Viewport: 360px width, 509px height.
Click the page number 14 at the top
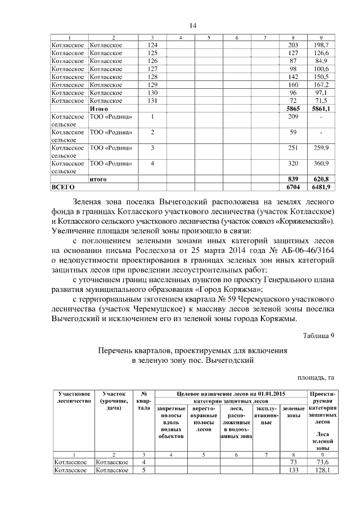192,25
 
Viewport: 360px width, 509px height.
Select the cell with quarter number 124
152,44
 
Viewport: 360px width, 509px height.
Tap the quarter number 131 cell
152,100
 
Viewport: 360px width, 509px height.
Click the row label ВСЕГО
63,187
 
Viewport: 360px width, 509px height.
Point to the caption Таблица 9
318,335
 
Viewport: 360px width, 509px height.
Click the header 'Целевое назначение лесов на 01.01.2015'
231,394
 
